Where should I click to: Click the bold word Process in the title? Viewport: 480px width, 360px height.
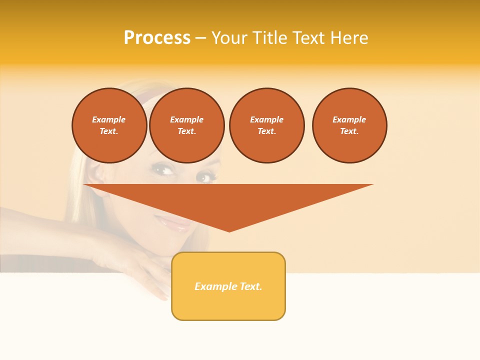coord(157,38)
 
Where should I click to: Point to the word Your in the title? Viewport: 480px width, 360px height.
coord(230,38)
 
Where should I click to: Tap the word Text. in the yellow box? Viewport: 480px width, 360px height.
coord(250,286)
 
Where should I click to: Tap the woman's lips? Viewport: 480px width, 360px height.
coord(172,223)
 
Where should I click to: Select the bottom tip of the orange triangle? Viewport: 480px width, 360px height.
coord(229,230)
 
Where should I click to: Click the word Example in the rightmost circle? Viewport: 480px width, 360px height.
coord(349,119)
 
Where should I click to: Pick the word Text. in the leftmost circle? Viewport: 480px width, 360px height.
coord(109,131)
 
